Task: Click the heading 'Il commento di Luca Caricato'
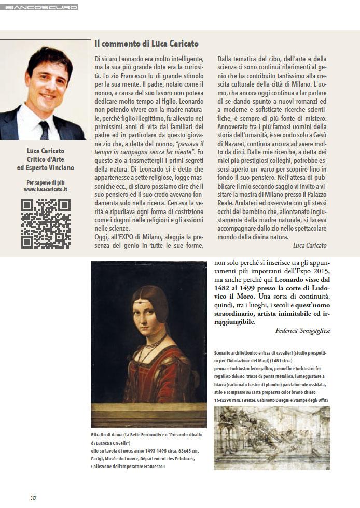[146, 44]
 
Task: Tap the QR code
[46, 223]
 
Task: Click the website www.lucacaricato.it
[46, 190]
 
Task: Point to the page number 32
[33, 498]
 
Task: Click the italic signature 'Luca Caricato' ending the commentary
[310, 245]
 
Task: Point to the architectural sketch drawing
[272, 438]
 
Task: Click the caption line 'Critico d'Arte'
[46, 159]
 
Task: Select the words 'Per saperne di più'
[46, 182]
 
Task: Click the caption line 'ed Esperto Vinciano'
[46, 167]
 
